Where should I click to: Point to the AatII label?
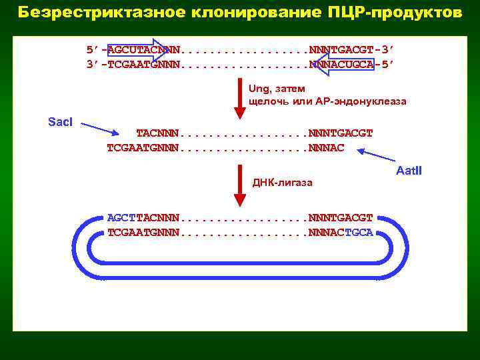pyautogui.click(x=409, y=171)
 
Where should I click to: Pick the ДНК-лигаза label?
pyautogui.click(x=282, y=183)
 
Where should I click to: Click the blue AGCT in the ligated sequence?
pyautogui.click(x=121, y=218)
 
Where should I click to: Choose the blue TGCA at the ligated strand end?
pyautogui.click(x=360, y=233)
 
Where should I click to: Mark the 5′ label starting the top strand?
pyautogui.click(x=92, y=50)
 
